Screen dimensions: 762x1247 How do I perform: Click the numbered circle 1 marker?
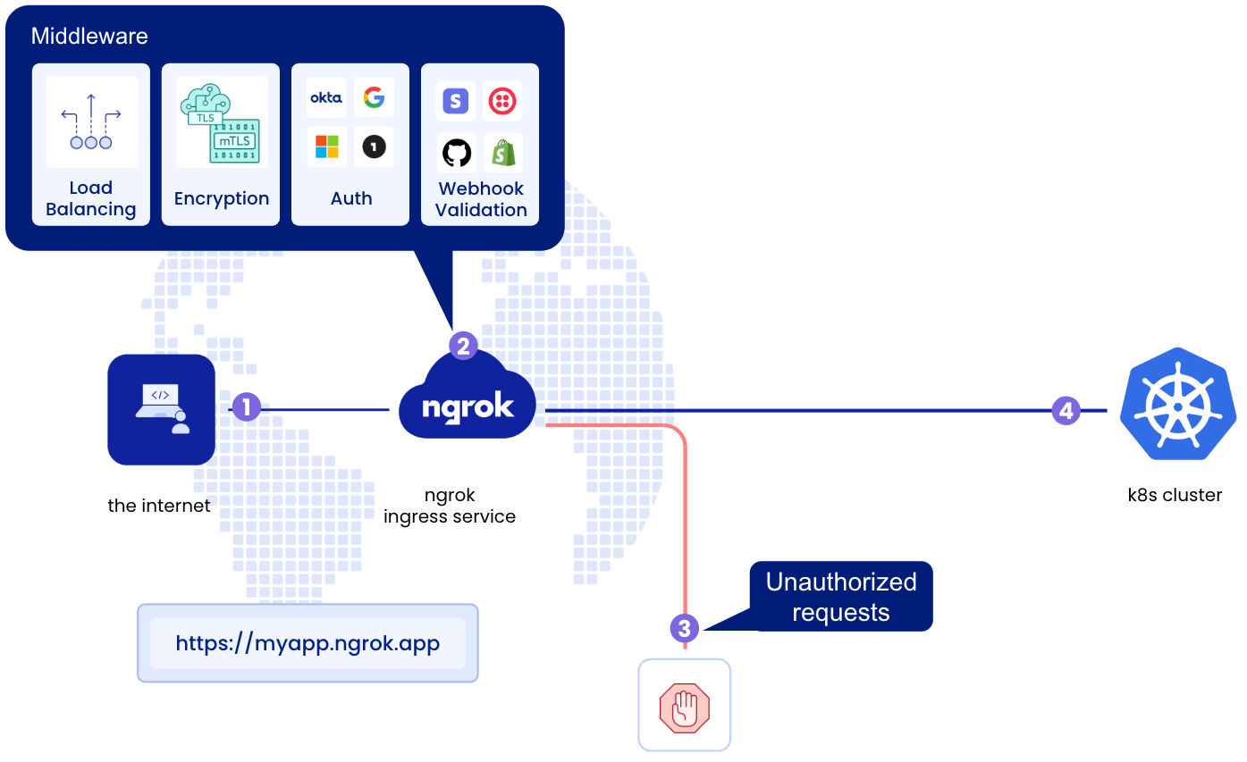[x=246, y=408]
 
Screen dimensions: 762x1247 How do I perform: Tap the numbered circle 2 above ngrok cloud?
[x=463, y=346]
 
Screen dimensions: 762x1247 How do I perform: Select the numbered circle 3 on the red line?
[x=684, y=628]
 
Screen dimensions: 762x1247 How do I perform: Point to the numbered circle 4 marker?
[x=1065, y=411]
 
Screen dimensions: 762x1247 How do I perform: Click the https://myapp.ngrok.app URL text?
[x=308, y=643]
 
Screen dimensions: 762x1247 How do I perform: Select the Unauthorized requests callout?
[x=840, y=597]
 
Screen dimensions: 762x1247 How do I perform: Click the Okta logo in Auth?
[x=326, y=98]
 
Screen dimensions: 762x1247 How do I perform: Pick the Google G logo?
[x=374, y=97]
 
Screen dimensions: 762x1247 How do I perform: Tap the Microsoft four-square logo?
[x=326, y=147]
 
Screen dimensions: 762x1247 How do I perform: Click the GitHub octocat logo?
[x=457, y=153]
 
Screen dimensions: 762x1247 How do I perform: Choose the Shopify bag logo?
[x=503, y=154]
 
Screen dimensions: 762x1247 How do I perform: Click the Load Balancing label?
[x=91, y=198]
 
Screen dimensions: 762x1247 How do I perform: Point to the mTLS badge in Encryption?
[x=234, y=141]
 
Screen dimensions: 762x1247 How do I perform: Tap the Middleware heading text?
[x=89, y=37]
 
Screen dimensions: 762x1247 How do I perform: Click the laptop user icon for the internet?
[x=162, y=409]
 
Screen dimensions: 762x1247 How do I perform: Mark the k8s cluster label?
[x=1175, y=495]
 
